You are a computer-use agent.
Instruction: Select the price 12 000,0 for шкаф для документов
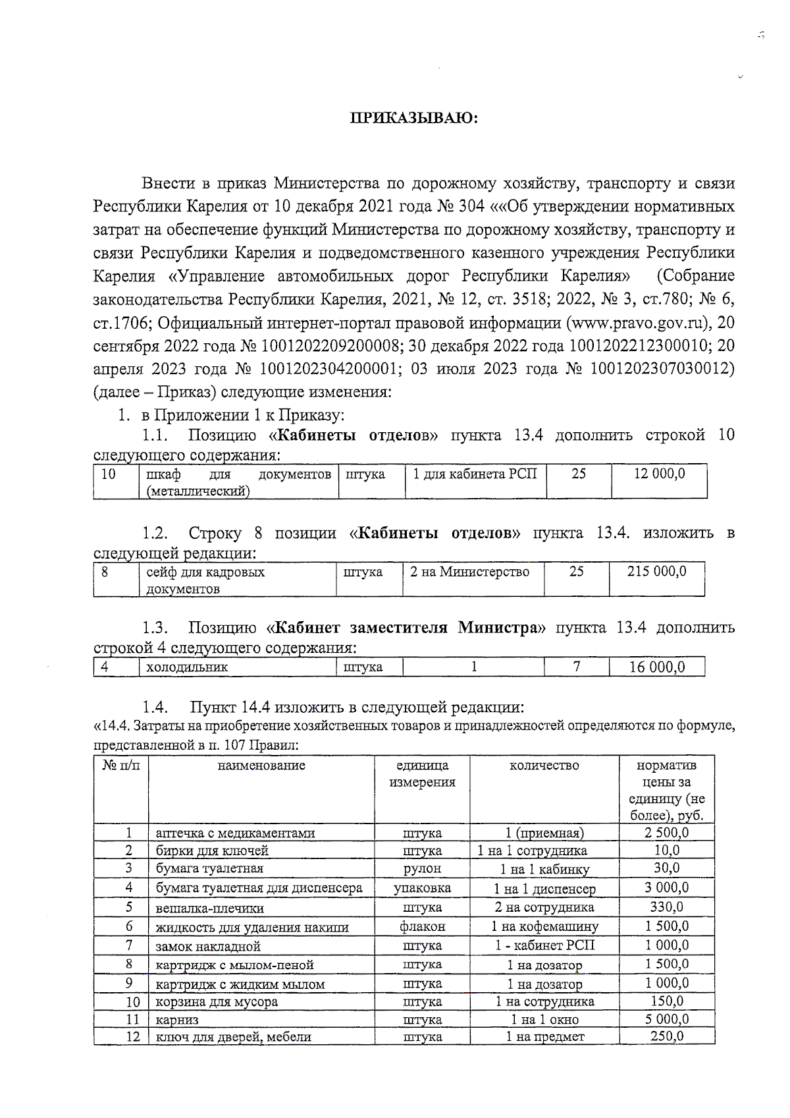659,474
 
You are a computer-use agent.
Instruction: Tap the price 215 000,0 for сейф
657,571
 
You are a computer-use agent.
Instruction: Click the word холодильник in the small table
186,667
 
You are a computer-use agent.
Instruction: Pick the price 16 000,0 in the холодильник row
657,667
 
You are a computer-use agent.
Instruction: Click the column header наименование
262,766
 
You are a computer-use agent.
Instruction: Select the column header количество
544,766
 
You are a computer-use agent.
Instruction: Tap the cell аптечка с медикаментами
235,833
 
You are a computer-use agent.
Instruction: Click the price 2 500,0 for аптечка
666,832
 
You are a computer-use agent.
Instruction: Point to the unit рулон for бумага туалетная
422,868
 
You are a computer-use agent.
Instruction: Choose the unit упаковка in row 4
422,888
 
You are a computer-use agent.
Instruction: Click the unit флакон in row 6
422,926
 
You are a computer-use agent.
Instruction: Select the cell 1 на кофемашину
544,926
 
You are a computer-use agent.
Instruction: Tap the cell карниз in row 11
176,1020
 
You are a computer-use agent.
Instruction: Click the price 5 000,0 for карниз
666,1019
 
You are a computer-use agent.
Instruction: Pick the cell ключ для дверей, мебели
232,1037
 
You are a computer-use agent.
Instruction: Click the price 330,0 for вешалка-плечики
666,907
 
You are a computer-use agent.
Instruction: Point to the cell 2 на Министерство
469,572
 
